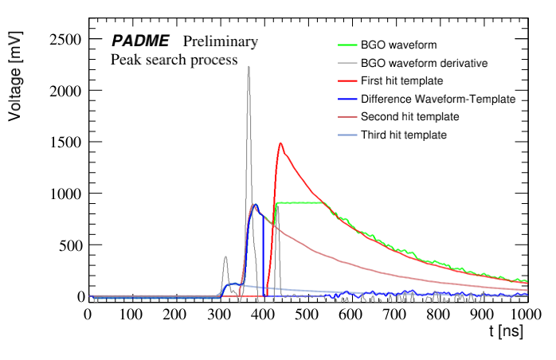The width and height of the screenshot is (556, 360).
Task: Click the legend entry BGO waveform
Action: pos(398,45)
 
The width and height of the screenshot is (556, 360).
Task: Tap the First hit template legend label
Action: pos(401,81)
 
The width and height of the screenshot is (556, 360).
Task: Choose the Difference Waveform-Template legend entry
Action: pos(437,99)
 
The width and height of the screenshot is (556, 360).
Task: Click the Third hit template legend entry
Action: pos(403,135)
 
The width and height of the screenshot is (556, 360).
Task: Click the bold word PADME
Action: pos(140,41)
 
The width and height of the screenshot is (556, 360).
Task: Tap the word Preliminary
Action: pos(221,41)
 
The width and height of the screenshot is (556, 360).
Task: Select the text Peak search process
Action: pos(174,60)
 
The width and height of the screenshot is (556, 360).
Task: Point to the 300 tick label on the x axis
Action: pos(219,314)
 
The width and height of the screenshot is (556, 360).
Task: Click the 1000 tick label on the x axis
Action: pos(524,314)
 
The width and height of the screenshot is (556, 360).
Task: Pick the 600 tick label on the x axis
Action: pos(350,314)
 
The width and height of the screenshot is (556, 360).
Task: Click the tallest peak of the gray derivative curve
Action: pos(249,67)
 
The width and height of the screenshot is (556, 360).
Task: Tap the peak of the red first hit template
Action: pos(280,143)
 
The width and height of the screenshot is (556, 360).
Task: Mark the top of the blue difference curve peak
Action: pos(255,205)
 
